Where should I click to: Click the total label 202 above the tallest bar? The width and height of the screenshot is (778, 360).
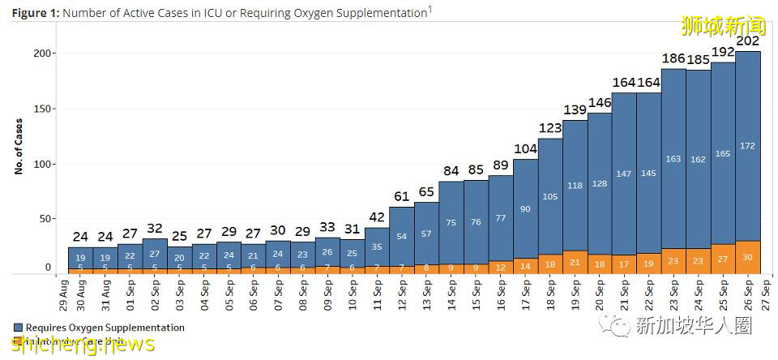pos(748,41)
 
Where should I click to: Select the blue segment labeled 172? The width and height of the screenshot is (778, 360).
pos(748,146)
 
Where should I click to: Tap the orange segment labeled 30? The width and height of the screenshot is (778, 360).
pos(748,257)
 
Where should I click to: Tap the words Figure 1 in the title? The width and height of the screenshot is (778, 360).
pos(34,13)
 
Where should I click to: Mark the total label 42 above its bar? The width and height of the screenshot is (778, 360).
pos(377,216)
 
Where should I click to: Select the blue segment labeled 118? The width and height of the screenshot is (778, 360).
pos(575,186)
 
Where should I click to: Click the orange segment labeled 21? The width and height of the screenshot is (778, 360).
pos(575,262)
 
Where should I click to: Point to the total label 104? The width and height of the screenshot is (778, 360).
pos(525,148)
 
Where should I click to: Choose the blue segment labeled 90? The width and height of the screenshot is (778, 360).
pos(525,209)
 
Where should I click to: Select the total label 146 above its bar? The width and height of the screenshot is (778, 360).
pos(599,102)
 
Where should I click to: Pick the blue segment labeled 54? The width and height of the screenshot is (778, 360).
pos(401,236)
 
